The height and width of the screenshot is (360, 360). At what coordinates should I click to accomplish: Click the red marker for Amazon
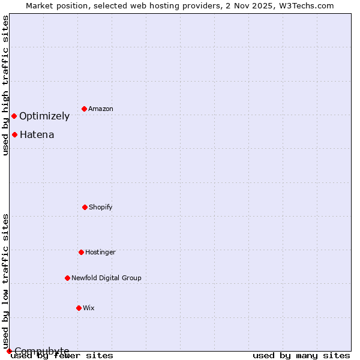pos(84,109)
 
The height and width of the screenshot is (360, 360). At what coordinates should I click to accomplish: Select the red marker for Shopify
pos(85,207)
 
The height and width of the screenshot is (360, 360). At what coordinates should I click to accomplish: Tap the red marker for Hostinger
pos(81,252)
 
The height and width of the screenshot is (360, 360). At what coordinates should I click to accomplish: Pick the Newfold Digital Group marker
pos(67,278)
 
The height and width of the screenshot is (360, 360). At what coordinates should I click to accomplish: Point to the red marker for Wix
pos(79,308)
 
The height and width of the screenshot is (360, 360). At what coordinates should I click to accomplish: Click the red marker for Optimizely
pos(14,116)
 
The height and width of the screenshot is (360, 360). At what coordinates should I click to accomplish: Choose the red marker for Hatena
pos(14,134)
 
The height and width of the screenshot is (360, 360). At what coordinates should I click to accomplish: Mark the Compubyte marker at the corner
pos(9,351)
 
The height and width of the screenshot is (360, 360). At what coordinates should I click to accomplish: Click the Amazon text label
pos(101,109)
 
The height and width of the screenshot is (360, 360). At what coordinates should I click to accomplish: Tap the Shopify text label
pos(101,208)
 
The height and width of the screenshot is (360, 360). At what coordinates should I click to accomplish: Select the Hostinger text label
pos(100,253)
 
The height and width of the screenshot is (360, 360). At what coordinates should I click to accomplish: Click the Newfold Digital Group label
pos(106,278)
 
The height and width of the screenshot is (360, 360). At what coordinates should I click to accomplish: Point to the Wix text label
pos(89,308)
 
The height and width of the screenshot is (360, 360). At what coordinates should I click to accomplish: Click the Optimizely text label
pos(44,116)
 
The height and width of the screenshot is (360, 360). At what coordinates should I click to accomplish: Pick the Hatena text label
pos(37,135)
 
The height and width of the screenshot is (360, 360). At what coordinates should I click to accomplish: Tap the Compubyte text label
pos(42,351)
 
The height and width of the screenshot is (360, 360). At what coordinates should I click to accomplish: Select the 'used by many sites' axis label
pos(301,356)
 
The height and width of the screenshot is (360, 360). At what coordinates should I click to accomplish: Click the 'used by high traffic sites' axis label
pos(5,85)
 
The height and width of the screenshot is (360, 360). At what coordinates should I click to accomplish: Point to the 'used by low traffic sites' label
pos(5,281)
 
